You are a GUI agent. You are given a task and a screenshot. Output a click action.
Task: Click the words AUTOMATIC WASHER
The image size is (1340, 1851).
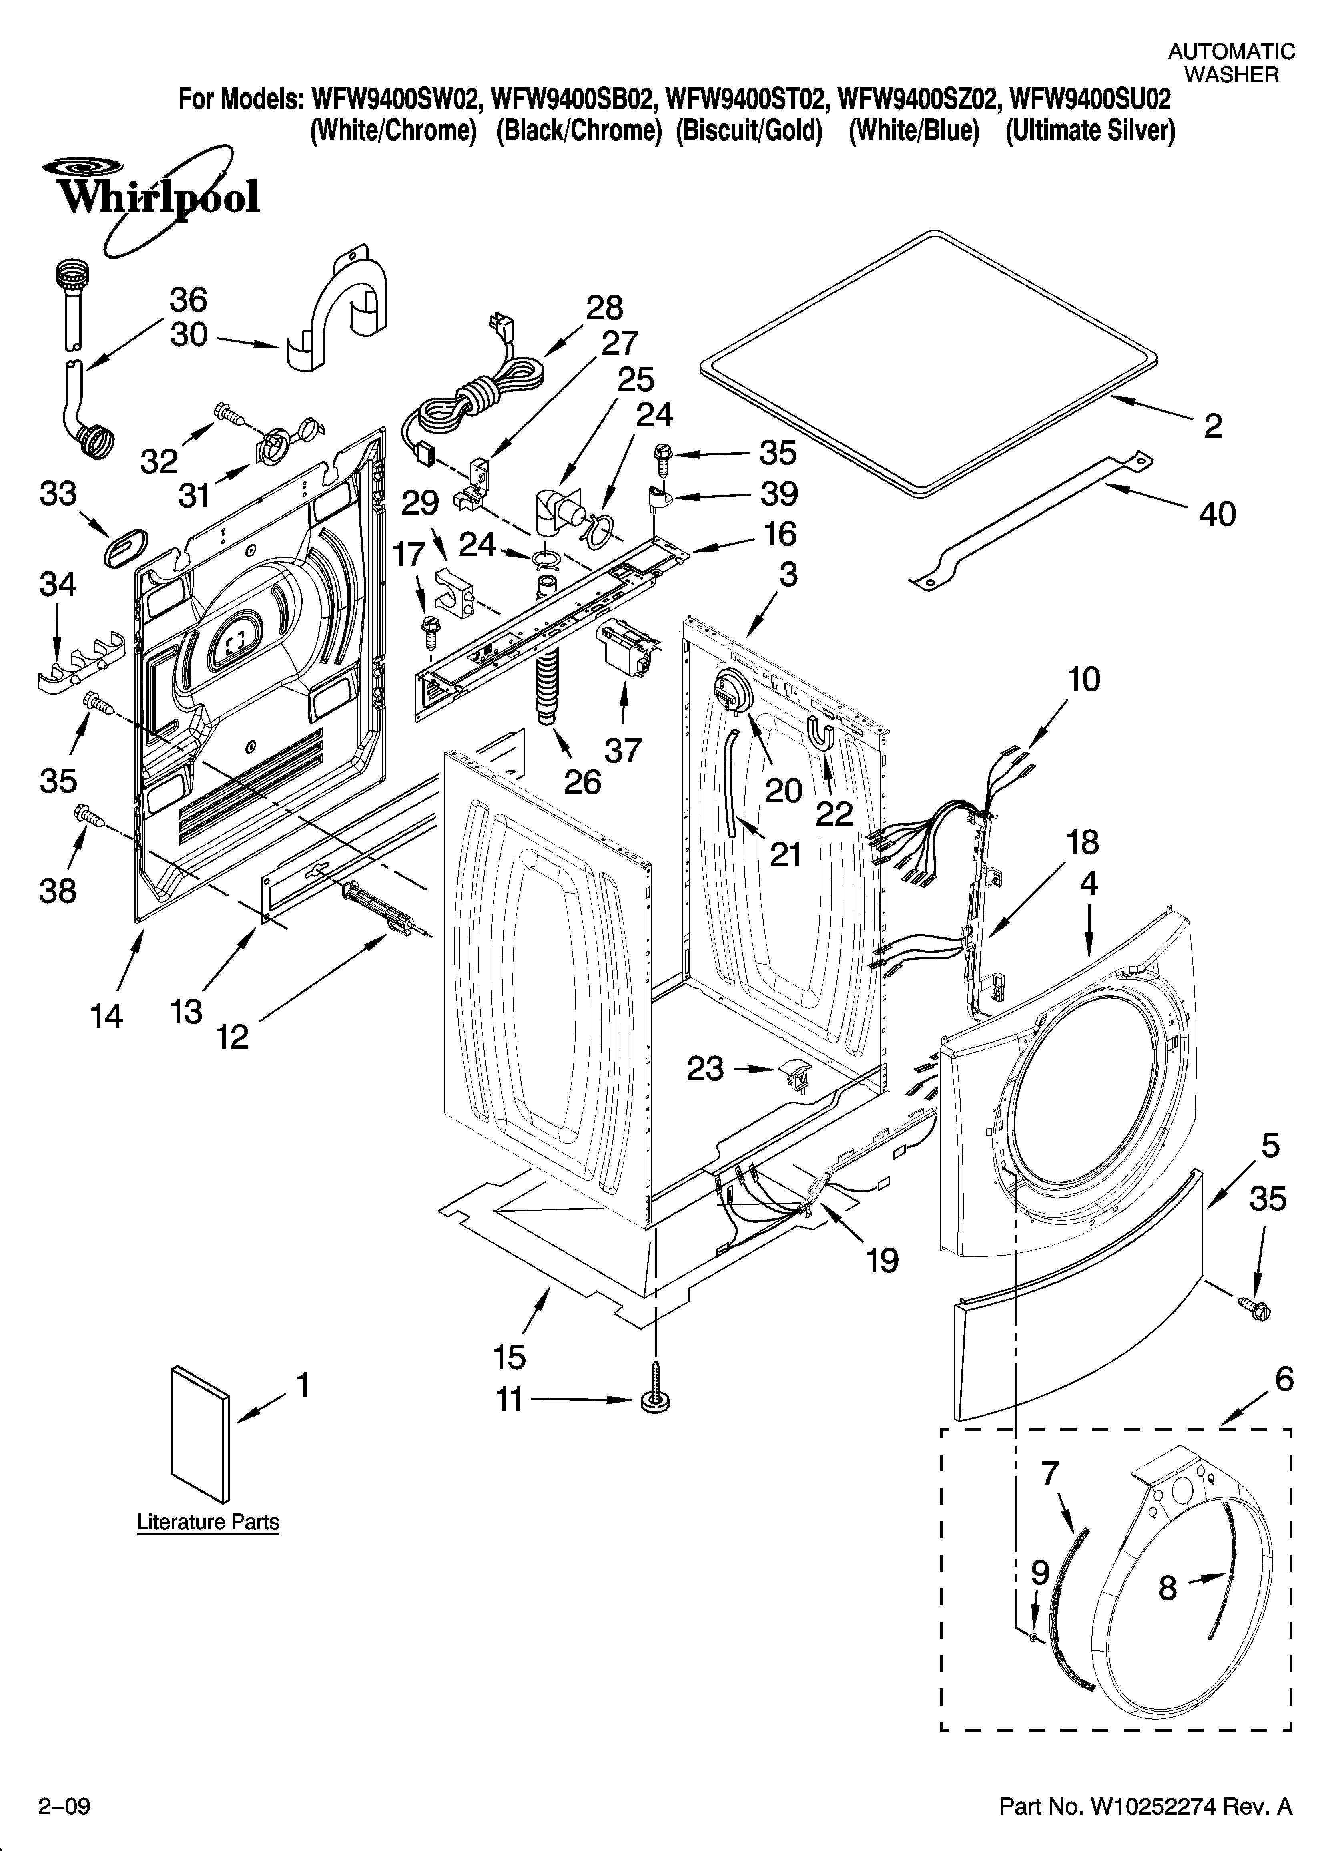coord(1231,64)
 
